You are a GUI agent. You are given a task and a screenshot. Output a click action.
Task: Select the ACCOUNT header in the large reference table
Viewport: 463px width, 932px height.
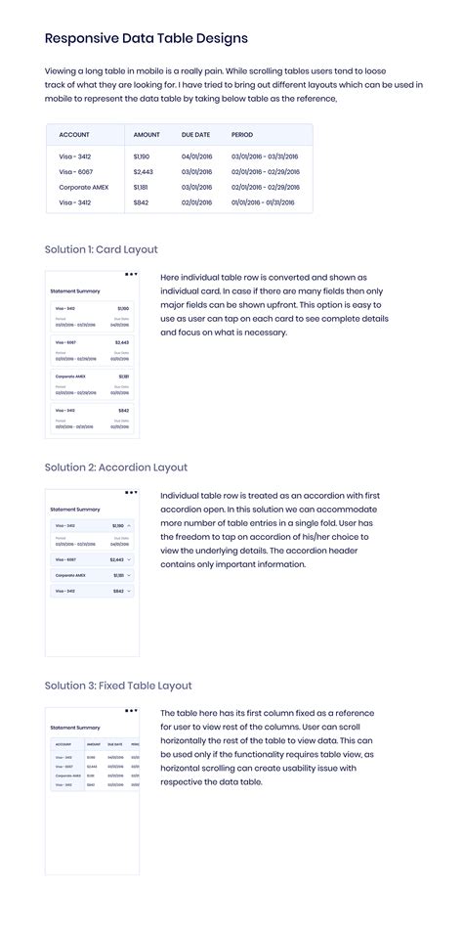[75, 134]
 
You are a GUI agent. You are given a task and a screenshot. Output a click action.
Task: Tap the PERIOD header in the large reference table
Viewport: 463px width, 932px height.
[241, 134]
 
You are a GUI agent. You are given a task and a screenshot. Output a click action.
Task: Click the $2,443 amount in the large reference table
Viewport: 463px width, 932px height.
[143, 171]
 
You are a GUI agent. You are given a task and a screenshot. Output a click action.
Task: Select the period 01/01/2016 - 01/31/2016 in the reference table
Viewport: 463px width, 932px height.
[265, 202]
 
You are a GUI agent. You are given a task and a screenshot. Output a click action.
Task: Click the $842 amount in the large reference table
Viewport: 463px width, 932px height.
[141, 202]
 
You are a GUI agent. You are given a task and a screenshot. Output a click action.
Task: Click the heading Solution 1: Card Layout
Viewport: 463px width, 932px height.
[102, 249]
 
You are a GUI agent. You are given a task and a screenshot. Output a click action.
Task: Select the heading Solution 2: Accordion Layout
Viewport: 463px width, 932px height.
[116, 467]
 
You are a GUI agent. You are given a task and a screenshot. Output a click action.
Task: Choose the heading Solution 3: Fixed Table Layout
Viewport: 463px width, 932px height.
[118, 686]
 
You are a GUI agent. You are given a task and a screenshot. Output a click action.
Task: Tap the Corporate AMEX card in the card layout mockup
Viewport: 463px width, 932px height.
[92, 382]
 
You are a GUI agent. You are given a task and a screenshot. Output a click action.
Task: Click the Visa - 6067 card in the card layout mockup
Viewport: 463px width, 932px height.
[92, 348]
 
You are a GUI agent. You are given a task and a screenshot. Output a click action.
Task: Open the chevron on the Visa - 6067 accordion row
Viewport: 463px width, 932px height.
[129, 559]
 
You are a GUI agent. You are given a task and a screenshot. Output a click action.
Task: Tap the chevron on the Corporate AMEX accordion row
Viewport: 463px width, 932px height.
[129, 575]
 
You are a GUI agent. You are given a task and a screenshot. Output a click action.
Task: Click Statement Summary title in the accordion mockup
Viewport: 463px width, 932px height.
[75, 510]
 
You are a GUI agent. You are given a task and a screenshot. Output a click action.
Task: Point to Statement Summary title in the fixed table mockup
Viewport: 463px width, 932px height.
[75, 728]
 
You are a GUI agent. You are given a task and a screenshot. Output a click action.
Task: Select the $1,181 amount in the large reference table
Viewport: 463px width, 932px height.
[141, 187]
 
